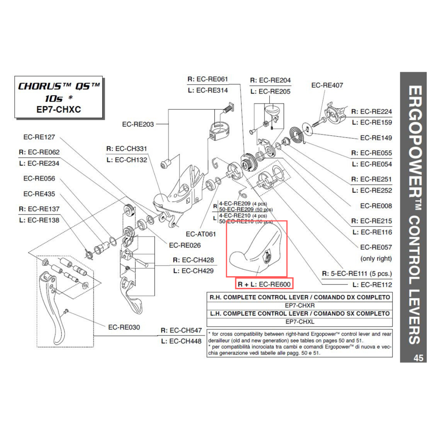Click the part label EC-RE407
point(327,86)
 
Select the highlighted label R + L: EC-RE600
point(264,284)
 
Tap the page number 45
point(418,358)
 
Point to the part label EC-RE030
point(124,327)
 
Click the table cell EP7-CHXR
point(299,305)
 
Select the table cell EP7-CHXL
point(299,322)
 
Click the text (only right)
point(376,258)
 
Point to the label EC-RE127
point(39,137)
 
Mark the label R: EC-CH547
point(181,330)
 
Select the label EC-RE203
point(138,124)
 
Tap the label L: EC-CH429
point(194,271)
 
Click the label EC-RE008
point(376,206)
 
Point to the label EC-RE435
point(39,194)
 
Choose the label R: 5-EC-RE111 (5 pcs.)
point(357,274)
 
